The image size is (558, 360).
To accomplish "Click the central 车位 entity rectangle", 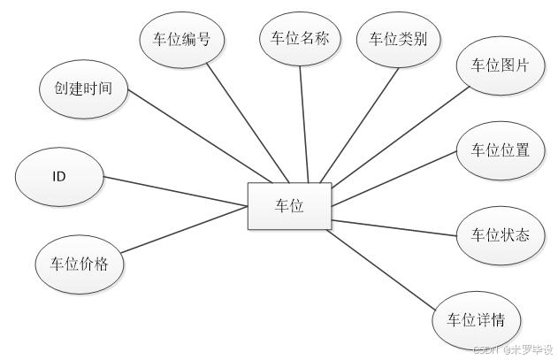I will (289, 206).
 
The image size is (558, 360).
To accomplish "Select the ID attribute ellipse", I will (58, 176).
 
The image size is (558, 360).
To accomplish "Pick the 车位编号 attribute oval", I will (182, 39).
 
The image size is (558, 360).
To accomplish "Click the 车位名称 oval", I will (300, 39).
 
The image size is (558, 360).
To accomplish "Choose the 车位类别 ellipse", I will (398, 39).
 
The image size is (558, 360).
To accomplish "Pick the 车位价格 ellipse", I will (79, 263).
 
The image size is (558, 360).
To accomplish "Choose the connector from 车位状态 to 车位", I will (394, 227).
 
